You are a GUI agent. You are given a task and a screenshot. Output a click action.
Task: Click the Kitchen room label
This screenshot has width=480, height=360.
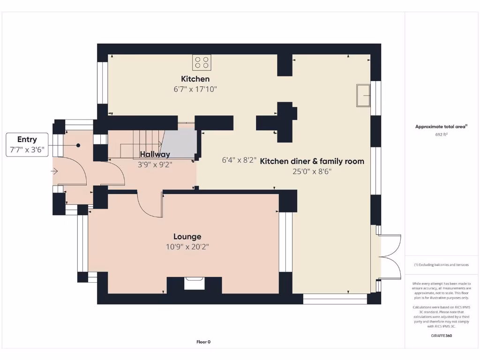click(195, 79)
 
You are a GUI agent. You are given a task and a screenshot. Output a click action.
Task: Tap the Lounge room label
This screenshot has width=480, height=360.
click(187, 237)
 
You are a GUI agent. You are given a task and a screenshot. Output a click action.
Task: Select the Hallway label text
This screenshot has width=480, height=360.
click(155, 154)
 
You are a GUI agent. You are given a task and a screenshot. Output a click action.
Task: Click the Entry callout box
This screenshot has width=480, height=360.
click(27, 144)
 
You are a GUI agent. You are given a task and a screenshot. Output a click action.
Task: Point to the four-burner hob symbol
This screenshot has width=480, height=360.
click(202, 62)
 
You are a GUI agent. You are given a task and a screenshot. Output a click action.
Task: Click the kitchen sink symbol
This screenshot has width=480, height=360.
click(363, 96)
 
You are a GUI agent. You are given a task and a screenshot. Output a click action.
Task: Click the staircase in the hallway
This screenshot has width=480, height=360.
click(148, 143)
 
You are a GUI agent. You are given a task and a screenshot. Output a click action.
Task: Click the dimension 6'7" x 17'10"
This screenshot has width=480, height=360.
click(195, 89)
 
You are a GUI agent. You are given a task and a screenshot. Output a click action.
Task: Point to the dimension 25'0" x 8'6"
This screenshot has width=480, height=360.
click(312, 172)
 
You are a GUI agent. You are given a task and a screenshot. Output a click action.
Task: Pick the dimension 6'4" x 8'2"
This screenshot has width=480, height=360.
click(239, 160)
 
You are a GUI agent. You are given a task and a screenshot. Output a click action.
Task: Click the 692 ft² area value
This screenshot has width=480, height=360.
click(442, 135)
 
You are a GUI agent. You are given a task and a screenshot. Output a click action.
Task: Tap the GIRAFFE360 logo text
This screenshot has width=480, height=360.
click(442, 336)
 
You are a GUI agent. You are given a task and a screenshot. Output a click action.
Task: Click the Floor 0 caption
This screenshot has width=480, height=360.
click(203, 342)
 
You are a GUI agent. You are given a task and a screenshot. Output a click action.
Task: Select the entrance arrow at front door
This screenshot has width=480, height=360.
click(54, 172)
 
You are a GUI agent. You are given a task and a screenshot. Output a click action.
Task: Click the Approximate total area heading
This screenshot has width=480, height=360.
click(441, 127)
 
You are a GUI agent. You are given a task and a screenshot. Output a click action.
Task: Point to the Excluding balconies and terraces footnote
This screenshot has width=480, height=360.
click(441, 265)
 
